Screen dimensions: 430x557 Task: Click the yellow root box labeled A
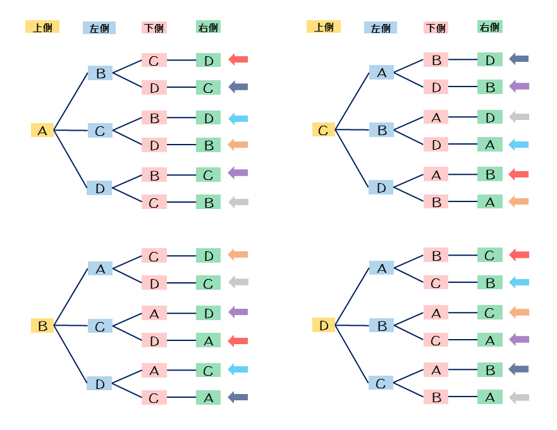(42, 131)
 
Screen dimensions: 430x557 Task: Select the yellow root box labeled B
(42, 326)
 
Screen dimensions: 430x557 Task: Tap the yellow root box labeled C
(323, 131)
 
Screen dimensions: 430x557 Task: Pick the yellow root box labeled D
(323, 326)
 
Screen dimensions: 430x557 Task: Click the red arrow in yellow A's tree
(238, 59)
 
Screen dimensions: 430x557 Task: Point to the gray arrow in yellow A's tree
(238, 202)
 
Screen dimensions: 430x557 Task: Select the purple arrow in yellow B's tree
(238, 312)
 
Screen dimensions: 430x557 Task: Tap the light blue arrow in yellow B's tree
(238, 369)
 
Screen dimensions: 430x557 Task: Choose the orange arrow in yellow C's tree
(518, 202)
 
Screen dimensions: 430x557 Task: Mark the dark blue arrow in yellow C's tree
(518, 59)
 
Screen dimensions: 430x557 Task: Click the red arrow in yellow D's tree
(518, 255)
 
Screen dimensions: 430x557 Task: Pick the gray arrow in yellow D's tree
(518, 397)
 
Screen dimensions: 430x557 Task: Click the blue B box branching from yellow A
(100, 73)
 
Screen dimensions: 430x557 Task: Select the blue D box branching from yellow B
(100, 383)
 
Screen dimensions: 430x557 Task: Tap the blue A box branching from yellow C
(381, 73)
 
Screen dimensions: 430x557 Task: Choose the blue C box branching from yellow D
(381, 383)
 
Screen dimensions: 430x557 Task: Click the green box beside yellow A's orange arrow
(208, 145)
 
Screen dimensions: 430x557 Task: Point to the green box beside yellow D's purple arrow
(489, 340)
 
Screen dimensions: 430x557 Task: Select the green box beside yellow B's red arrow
(208, 341)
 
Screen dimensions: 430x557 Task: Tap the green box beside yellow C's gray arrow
(489, 117)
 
